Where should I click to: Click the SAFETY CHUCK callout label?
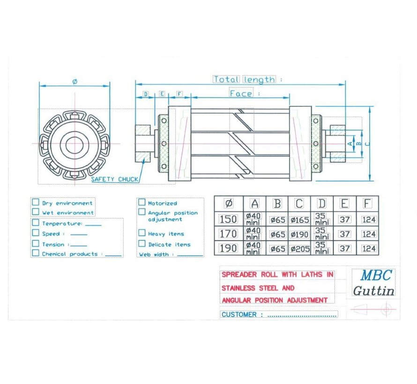point(114,179)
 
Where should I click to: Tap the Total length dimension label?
point(244,79)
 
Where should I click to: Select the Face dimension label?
point(241,94)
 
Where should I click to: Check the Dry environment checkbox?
point(36,202)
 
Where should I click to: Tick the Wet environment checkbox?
point(36,212)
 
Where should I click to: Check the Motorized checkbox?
point(141,202)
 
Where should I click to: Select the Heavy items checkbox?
point(141,233)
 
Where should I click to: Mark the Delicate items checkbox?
point(141,244)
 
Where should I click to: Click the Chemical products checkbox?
point(36,253)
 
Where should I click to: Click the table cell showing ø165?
point(299,219)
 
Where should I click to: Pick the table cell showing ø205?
point(299,249)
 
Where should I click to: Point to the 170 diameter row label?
point(228,234)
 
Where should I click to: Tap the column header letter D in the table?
point(322,204)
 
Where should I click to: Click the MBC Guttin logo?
point(373,282)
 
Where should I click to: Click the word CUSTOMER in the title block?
point(239,314)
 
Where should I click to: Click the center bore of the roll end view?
point(74,144)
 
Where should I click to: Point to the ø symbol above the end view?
point(74,81)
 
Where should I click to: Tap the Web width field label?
point(153,254)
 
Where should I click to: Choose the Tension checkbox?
point(36,244)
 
